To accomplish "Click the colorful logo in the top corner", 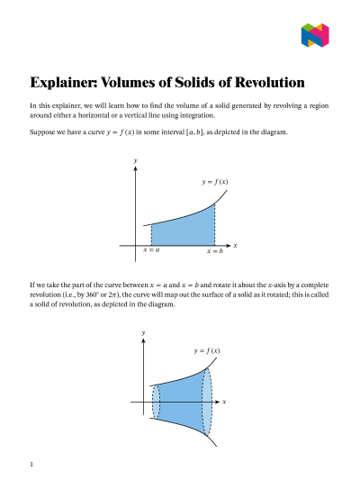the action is [x=315, y=35].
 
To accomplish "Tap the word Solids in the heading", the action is [x=180, y=83].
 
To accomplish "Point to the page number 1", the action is [x=31, y=465].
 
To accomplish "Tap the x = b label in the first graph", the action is [x=214, y=251].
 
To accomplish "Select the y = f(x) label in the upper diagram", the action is [x=215, y=182].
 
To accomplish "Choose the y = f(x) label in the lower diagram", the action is [x=206, y=350].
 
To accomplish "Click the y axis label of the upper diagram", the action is [x=136, y=159].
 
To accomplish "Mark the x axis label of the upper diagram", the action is [x=235, y=245].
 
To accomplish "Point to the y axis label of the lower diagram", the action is [x=144, y=333].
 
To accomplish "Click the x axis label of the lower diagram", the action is [x=224, y=401].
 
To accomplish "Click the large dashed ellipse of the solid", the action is [x=209, y=401].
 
